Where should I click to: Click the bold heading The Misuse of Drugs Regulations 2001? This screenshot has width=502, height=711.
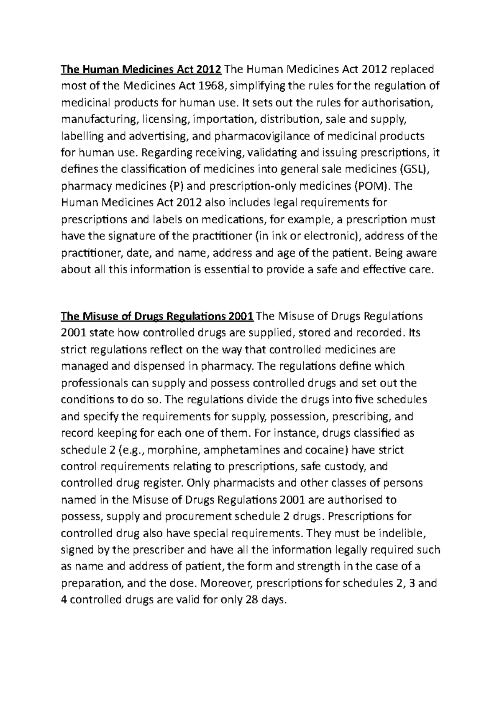[157, 316]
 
